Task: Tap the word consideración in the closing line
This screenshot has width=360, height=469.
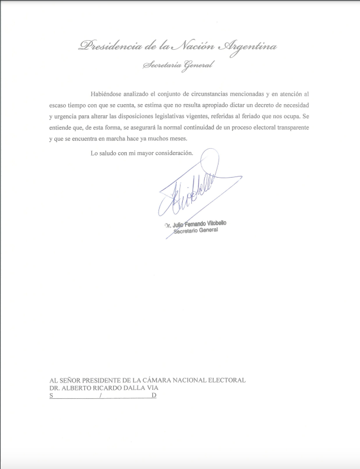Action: [169, 153]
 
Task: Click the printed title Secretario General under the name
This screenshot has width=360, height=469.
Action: [195, 231]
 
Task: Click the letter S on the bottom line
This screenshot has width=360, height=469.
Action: [52, 396]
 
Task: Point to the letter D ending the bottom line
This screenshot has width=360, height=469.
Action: [153, 396]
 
